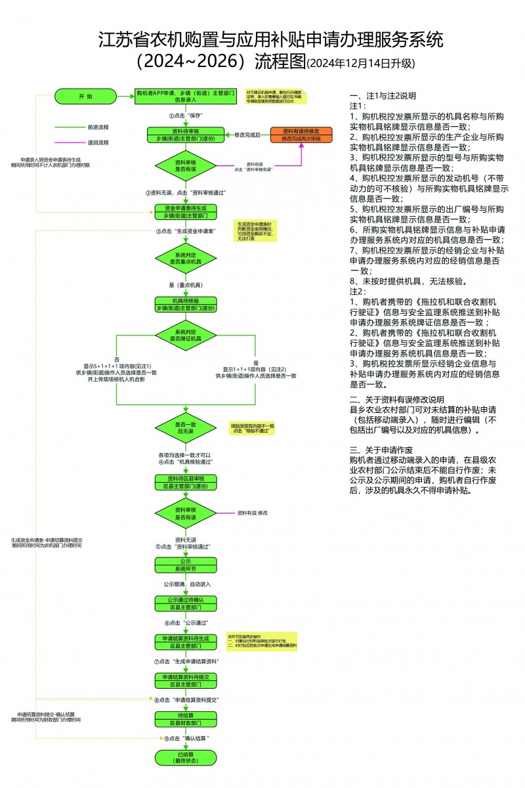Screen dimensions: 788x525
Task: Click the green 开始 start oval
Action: pyautogui.click(x=85, y=97)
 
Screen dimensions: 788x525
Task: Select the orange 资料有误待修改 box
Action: pyautogui.click(x=301, y=135)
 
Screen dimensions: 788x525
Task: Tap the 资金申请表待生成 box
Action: pyautogui.click(x=185, y=212)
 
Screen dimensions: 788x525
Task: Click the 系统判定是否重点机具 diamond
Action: pyautogui.click(x=185, y=257)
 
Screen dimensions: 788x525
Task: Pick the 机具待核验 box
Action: pyautogui.click(x=185, y=305)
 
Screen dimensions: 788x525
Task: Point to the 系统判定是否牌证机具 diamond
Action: pyautogui.click(x=185, y=335)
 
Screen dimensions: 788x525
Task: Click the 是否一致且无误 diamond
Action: pyautogui.click(x=185, y=429)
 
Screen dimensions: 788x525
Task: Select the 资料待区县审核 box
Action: pyautogui.click(x=185, y=482)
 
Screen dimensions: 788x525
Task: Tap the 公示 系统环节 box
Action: pyautogui.click(x=185, y=565)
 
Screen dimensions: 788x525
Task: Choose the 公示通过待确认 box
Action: pyautogui.click(x=185, y=603)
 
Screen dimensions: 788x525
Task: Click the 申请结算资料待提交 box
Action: pyautogui.click(x=185, y=680)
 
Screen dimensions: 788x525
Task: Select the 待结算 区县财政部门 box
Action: pyautogui.click(x=185, y=718)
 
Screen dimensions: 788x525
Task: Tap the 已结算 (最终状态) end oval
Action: pyautogui.click(x=185, y=757)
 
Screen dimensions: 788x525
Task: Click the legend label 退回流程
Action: pyautogui.click(x=98, y=142)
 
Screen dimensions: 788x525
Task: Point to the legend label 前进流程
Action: pyautogui.click(x=98, y=127)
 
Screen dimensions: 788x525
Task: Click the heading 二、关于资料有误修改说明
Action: pyautogui.click(x=396, y=399)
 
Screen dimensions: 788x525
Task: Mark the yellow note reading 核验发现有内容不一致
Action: pyautogui.click(x=253, y=427)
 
